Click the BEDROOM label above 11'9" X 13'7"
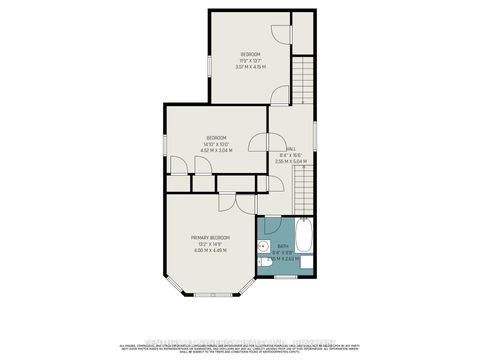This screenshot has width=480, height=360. [x=250, y=54]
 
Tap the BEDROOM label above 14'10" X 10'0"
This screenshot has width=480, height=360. [x=217, y=137]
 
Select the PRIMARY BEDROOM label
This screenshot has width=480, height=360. [x=211, y=237]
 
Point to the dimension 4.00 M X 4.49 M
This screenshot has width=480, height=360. [x=211, y=251]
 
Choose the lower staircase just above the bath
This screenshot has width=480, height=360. [x=303, y=190]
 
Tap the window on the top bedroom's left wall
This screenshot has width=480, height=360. [x=209, y=64]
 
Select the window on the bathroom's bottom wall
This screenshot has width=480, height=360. [x=285, y=276]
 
